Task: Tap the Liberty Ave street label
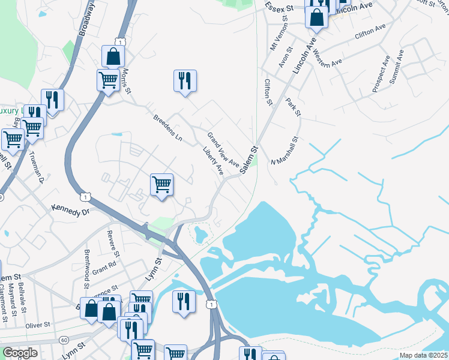coord(213,161)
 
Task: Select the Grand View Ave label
coord(223,149)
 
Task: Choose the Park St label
coord(293,107)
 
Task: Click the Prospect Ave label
coord(381,74)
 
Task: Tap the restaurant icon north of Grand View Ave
coord(185,80)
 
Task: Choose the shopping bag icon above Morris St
coord(113,56)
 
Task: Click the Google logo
coord(20,352)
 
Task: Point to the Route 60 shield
coord(64,340)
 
